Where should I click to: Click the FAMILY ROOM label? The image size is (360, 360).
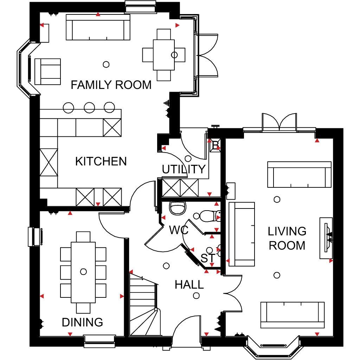coord(111,85)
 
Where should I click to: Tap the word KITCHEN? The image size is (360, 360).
coord(101,161)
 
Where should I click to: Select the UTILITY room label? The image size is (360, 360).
coord(184,169)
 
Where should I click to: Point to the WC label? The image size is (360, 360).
coord(179,230)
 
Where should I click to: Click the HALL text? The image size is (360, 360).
coord(189,285)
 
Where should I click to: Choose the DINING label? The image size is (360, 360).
coord(82,322)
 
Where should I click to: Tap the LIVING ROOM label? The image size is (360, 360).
coord(287,238)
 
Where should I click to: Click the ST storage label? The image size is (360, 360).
coord(208,258)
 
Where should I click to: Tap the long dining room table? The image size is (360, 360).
coord(83,272)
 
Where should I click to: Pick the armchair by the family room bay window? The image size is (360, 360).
coord(47,72)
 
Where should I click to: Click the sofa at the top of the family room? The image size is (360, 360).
coord(98,27)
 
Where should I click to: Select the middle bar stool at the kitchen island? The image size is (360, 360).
coord(89,108)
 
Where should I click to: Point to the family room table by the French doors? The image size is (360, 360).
coord(164,55)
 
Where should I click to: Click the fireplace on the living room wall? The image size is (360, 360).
coord(326,238)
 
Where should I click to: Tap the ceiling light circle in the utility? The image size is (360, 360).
coord(188,159)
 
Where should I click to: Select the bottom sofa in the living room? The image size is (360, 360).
coord(292,315)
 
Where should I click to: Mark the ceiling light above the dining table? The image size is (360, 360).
coord(83,272)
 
